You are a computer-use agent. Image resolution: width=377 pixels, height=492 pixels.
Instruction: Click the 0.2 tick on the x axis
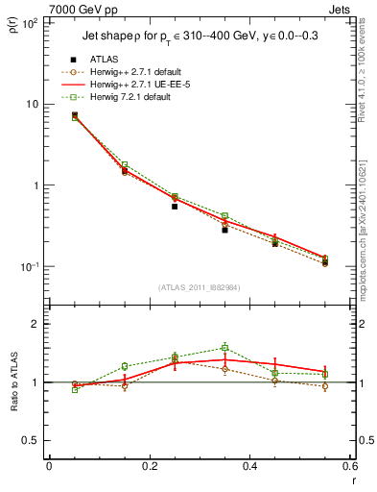click(x=149, y=466)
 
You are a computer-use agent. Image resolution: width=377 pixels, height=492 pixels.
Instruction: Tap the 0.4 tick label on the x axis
click(x=249, y=466)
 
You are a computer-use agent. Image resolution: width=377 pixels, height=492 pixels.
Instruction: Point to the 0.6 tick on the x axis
click(x=349, y=466)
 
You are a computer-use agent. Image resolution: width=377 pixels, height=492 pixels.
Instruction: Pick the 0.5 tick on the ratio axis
click(x=32, y=440)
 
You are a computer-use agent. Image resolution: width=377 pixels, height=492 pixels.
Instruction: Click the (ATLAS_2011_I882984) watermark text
click(x=199, y=287)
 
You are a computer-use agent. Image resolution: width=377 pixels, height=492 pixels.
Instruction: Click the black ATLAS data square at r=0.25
click(x=175, y=206)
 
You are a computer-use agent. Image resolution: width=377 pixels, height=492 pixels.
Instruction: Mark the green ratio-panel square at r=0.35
click(x=224, y=348)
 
